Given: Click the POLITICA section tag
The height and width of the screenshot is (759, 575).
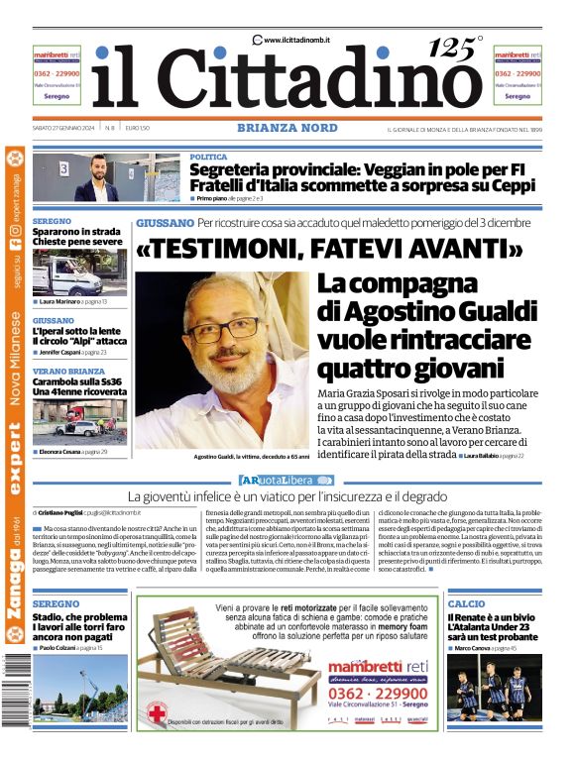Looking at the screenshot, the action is (209, 158).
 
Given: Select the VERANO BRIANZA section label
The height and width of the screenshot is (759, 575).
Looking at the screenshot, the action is (68, 372).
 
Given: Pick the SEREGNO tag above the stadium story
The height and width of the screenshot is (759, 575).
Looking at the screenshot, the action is (56, 603).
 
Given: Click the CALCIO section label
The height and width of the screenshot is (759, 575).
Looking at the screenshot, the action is (466, 603).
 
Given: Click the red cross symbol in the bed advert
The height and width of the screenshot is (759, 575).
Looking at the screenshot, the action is (156, 710).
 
